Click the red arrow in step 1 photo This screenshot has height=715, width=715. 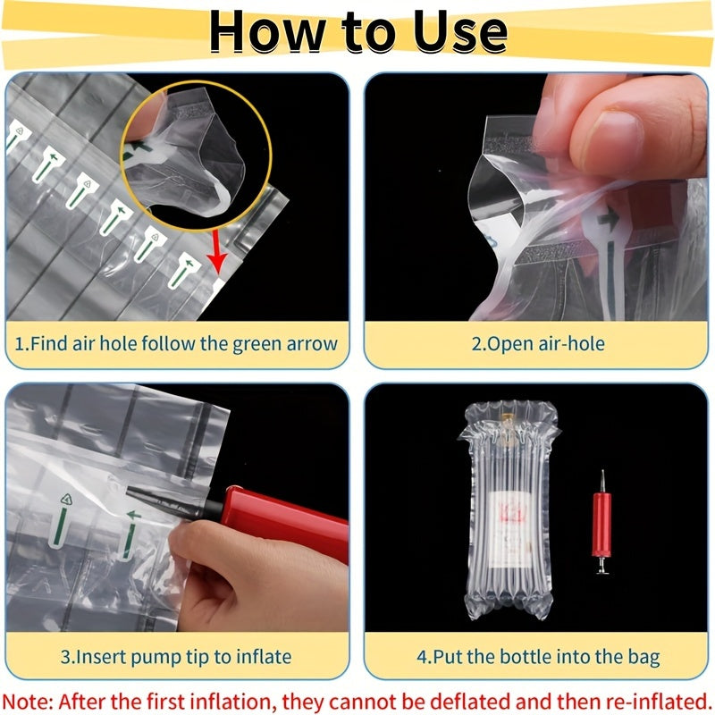point(216,255)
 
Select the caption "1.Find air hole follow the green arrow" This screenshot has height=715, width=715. point(177,343)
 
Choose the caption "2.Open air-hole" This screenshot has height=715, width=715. point(538,343)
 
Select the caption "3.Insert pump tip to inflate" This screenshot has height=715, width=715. point(176,657)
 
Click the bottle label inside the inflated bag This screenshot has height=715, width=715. point(511,527)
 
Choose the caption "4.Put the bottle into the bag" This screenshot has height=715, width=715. point(538,657)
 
